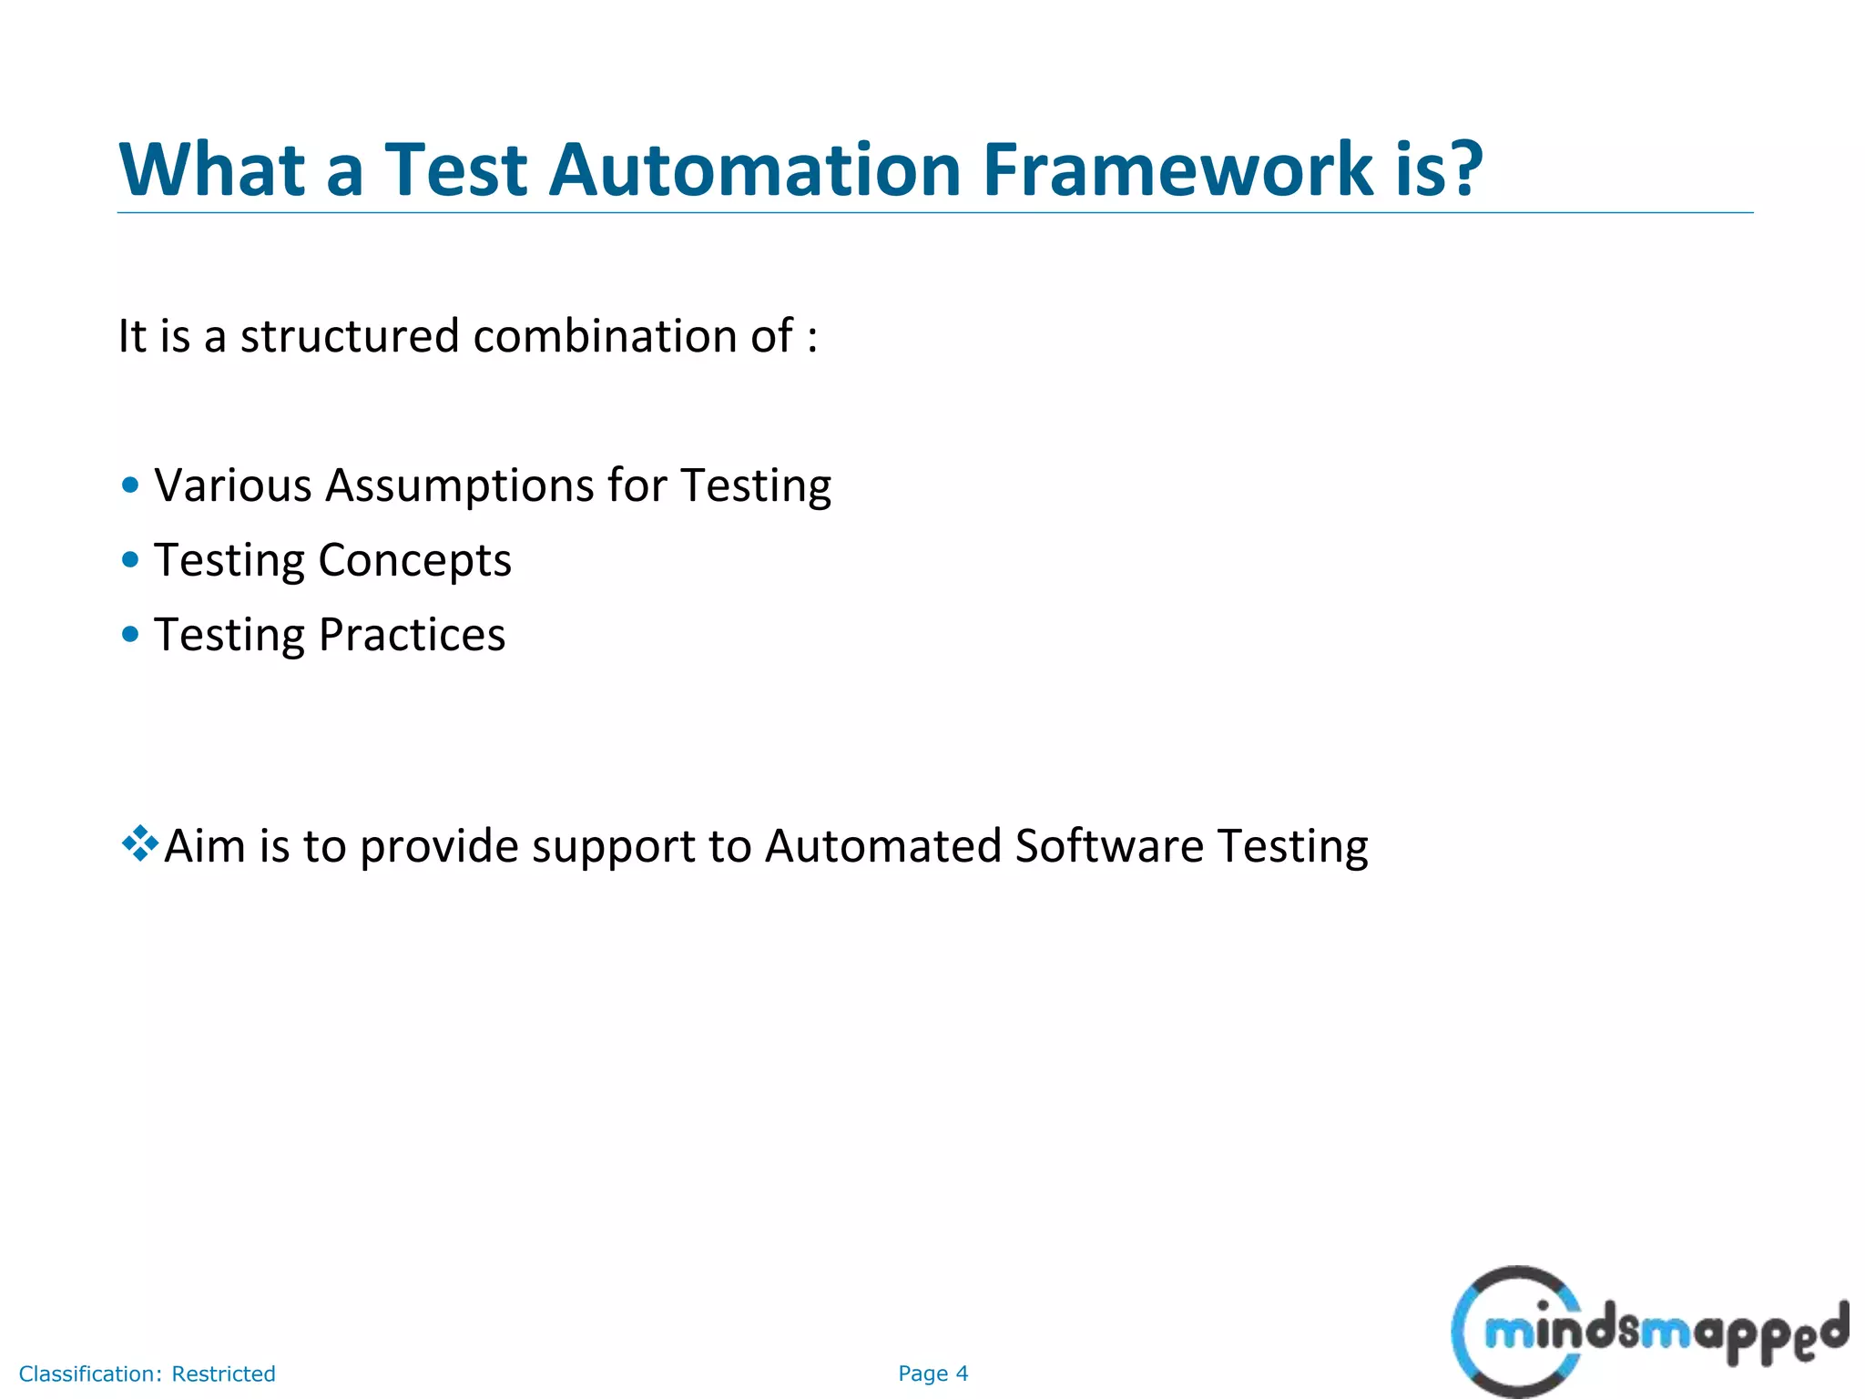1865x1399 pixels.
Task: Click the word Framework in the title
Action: pos(1177,169)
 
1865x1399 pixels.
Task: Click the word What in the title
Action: pos(212,169)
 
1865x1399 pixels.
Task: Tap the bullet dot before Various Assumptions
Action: pos(130,485)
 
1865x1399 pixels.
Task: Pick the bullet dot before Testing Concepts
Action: pos(130,559)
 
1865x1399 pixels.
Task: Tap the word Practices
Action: pos(412,635)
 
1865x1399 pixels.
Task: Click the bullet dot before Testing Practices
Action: pos(130,634)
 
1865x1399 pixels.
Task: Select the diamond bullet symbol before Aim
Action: pos(139,843)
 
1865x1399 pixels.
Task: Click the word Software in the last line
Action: pos(1108,846)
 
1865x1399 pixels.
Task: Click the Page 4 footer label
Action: pos(932,1373)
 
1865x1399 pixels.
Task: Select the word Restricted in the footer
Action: pos(223,1373)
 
